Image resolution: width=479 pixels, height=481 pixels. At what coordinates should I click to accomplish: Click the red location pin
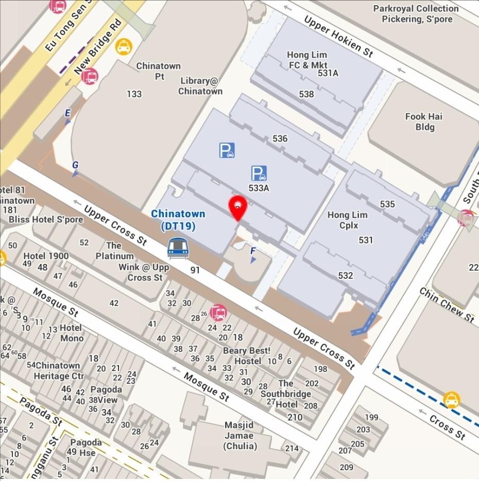pos(237,207)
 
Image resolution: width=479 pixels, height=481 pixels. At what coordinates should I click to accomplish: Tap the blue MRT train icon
pos(178,248)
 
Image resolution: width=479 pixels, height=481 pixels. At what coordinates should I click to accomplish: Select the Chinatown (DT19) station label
pos(178,220)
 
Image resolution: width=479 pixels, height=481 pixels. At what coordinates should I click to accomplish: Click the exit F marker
pos(253,254)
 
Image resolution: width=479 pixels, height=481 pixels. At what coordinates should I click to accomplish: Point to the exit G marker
pos(75,168)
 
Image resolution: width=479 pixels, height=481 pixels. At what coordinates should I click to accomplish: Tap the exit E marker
pos(67,116)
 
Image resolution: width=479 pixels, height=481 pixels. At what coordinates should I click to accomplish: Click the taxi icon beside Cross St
pos(451,399)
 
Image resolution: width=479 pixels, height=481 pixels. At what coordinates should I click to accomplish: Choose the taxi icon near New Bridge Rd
pos(124,46)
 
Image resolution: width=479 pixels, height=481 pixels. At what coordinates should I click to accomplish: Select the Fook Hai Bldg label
pos(423,121)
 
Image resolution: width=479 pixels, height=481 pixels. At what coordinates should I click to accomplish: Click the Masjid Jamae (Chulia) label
pos(239,435)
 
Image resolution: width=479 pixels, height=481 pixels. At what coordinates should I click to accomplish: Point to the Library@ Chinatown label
pos(200,86)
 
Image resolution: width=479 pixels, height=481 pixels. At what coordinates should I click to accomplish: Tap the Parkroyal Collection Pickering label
pos(416,13)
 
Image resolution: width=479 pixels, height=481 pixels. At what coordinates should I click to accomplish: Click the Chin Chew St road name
pos(446,305)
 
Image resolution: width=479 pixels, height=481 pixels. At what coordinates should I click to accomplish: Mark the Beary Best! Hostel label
pos(246,355)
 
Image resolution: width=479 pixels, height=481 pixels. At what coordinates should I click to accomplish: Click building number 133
pos(134,94)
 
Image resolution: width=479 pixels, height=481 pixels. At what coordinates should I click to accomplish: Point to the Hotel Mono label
pos(72,333)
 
